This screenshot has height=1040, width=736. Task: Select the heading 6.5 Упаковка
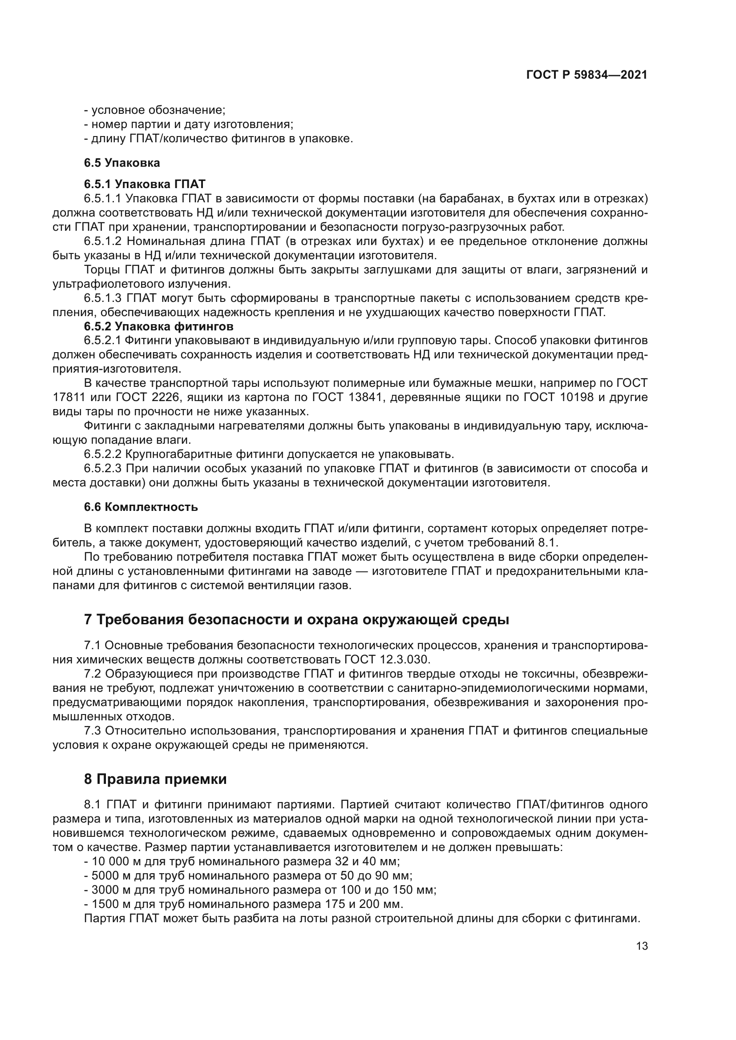point(122,163)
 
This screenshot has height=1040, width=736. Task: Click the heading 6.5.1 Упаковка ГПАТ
point(145,184)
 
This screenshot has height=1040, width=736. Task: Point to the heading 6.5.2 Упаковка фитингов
point(158,326)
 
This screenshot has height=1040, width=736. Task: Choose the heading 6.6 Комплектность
point(141,507)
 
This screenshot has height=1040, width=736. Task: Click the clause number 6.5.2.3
point(102,468)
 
